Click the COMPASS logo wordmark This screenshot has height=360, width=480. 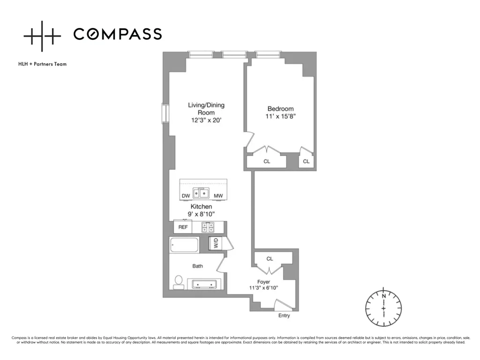click(118, 34)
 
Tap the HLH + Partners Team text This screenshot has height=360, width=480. click(42, 64)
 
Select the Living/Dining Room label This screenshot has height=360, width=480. click(206, 109)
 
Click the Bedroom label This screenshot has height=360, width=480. click(280, 109)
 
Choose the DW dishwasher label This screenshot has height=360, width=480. click(186, 195)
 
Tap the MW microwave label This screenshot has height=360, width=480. click(218, 195)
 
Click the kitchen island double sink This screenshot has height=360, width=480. click(202, 193)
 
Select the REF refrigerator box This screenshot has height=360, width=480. click(183, 227)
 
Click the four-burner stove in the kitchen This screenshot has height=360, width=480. click(208, 227)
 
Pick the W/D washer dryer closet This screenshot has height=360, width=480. click(217, 244)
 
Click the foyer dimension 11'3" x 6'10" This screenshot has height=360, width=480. click(263, 288)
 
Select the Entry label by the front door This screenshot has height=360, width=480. click(284, 315)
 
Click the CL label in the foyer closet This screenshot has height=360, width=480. click(270, 259)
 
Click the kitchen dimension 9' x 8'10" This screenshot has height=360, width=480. click(202, 214)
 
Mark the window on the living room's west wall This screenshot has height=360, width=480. click(165, 113)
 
